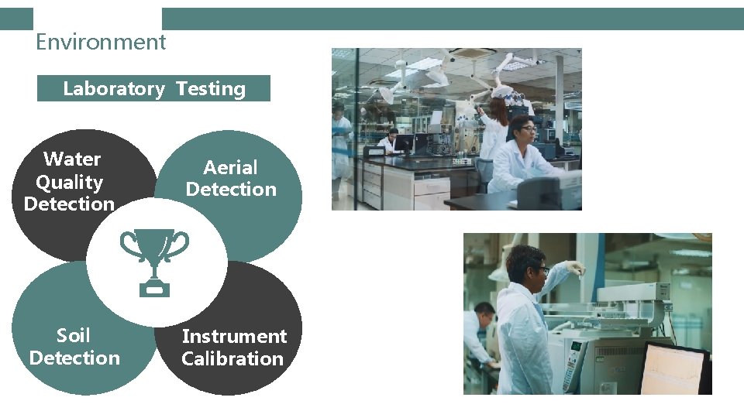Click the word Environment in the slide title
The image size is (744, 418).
point(101,42)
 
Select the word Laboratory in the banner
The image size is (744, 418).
point(113,89)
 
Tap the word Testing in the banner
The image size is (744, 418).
point(211,89)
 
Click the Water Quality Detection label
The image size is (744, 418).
point(70,182)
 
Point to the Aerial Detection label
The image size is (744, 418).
point(231,179)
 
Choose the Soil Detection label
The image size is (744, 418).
point(74,347)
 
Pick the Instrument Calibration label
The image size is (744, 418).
point(233,348)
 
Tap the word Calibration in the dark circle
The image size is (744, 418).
point(232,359)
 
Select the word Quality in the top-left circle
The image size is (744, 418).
point(70,183)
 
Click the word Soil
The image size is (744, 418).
point(74,336)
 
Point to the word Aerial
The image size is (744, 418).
point(230,168)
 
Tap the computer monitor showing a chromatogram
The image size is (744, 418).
point(673,369)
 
